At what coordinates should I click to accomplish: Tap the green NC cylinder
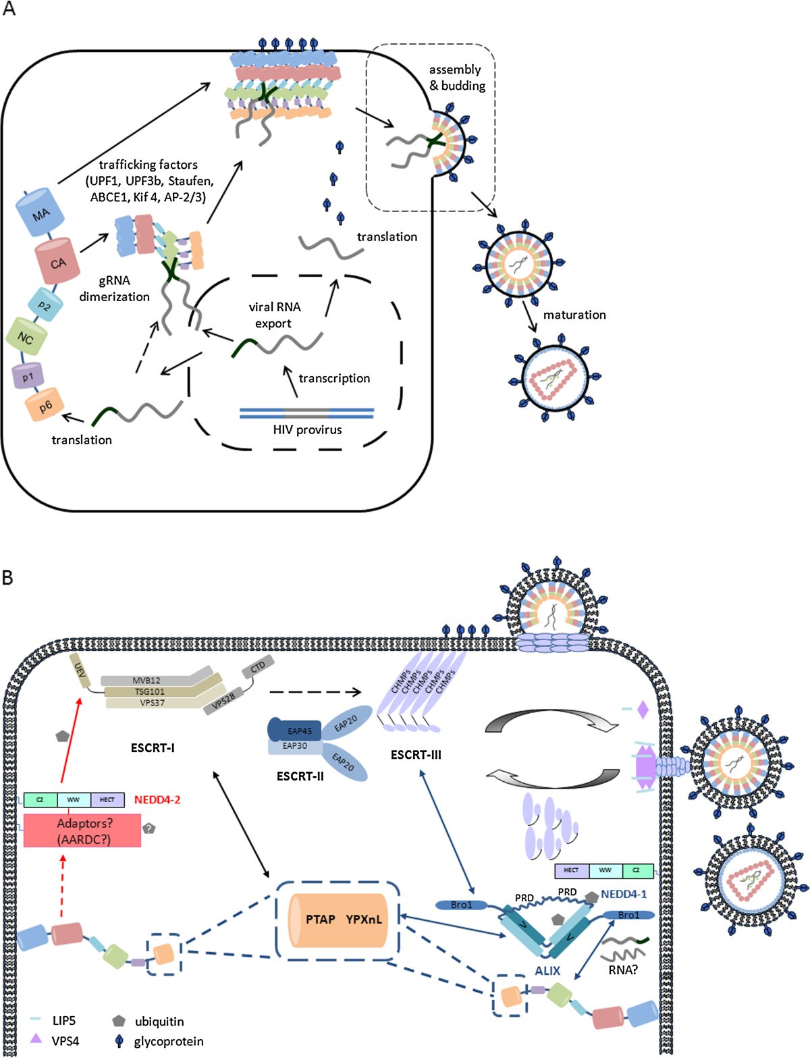(x=26, y=337)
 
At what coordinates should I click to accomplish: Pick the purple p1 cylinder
(x=28, y=376)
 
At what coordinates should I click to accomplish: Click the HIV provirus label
(x=307, y=429)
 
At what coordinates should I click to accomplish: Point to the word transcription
(x=334, y=378)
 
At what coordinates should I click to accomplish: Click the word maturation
(x=574, y=315)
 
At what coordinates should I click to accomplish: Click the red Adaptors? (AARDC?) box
(x=82, y=830)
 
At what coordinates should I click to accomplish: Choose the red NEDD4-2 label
(x=157, y=799)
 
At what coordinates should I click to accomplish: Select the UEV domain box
(x=81, y=670)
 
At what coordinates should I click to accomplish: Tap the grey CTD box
(x=258, y=668)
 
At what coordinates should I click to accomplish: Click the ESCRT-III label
(x=416, y=755)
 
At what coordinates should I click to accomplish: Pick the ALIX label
(x=547, y=970)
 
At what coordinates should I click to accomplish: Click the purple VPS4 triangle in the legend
(x=37, y=1039)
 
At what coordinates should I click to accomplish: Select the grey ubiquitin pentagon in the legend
(x=119, y=1021)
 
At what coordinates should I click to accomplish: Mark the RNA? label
(x=623, y=970)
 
